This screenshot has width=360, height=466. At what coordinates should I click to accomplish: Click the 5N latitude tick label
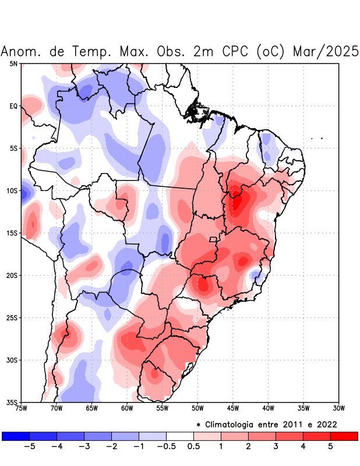(13, 63)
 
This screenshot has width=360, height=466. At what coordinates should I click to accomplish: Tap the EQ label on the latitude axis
(13, 106)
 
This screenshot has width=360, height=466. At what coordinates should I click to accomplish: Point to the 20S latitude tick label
(12, 275)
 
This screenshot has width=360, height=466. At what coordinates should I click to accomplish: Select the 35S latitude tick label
(12, 402)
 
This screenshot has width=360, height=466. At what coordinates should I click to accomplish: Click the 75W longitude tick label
(21, 408)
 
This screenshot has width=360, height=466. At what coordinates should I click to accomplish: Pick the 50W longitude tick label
(197, 408)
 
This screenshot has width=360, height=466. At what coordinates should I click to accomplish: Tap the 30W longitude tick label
(338, 408)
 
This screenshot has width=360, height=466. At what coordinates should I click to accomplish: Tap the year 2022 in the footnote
(327, 424)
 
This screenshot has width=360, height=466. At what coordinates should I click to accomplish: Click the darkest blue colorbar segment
(16, 436)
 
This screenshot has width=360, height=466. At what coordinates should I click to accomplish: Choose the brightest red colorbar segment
(344, 436)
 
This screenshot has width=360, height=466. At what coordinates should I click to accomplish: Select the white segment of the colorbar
(180, 436)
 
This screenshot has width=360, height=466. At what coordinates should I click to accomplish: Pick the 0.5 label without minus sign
(194, 447)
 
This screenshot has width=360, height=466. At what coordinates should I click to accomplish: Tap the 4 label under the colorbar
(303, 447)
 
